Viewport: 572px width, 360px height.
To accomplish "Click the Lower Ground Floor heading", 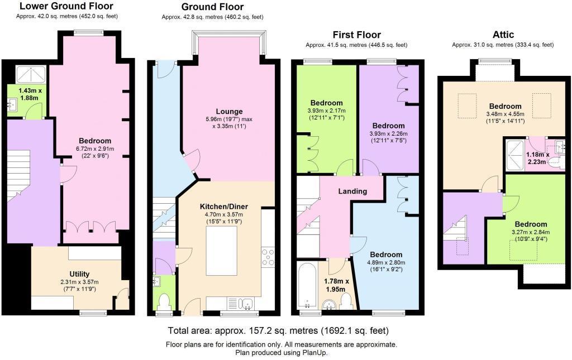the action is pos(66,6).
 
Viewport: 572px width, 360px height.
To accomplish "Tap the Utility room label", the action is pos(79,274).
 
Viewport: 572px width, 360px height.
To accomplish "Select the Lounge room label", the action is pos(229,112).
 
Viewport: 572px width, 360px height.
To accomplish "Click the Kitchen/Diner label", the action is pos(221,207).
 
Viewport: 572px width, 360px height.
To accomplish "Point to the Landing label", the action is pos(352,191).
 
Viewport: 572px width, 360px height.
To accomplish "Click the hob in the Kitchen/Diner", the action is pos(268,257).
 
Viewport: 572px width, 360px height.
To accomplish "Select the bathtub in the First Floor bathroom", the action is pos(308,286).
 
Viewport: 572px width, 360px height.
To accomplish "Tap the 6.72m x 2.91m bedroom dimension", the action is pos(95,148).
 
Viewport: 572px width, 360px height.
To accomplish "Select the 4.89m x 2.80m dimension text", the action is pos(387,262).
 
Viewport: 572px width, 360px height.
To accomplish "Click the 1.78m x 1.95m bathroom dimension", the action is pos(336,285).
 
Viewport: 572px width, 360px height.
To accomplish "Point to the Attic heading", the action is pos(503,35).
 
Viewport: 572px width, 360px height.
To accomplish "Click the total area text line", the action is pos(278,330).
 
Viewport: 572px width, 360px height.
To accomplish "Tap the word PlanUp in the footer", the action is pos(314,352).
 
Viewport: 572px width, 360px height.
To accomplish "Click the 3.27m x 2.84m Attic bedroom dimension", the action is pos(531,232).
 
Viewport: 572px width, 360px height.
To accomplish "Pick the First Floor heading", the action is pos(357,35).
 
